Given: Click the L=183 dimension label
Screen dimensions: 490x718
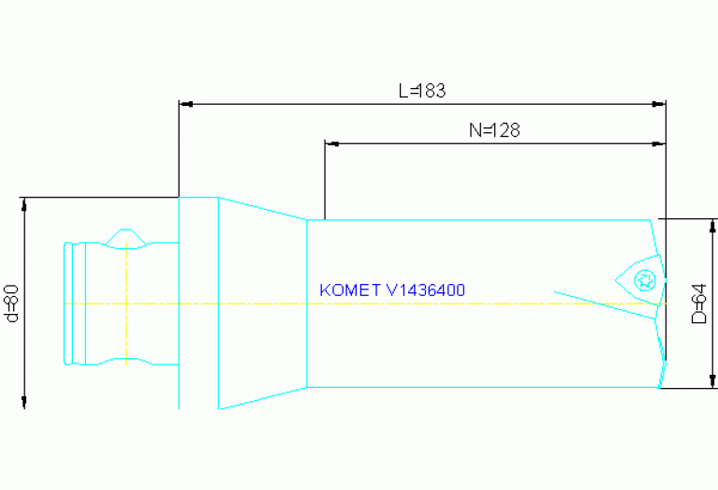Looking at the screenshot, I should point(421,91).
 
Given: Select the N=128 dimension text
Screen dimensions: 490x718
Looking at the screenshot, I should point(493,131).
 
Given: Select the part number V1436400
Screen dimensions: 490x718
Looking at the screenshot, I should point(426,290).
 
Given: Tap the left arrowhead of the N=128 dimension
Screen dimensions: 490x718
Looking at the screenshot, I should point(330,143).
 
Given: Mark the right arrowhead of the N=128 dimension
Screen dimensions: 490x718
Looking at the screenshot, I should point(660,143).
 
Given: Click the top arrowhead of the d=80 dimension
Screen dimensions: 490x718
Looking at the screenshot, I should point(24,203).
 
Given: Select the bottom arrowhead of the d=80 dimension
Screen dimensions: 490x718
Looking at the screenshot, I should point(24,403).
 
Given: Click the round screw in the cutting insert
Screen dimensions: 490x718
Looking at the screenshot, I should point(643,279).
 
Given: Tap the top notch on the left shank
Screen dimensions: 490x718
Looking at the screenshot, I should point(124,238).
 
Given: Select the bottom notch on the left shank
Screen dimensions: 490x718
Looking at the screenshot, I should point(124,362).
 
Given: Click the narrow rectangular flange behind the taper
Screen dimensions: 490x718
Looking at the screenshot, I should point(198,303).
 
